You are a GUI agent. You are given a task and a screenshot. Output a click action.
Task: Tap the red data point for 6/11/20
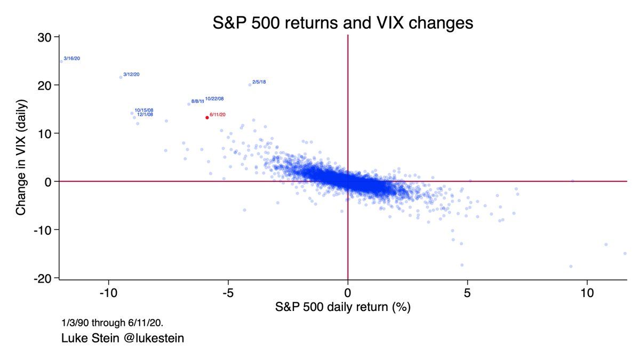207,117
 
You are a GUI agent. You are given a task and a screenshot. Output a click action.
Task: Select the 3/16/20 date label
71,58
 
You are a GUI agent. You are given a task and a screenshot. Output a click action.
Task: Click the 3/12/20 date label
131,74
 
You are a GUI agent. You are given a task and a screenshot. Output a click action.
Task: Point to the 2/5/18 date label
259,82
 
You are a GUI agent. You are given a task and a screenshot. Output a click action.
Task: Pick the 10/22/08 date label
214,99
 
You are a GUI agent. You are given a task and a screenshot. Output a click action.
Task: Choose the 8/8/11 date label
197,101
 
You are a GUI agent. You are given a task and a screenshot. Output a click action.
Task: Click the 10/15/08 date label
144,110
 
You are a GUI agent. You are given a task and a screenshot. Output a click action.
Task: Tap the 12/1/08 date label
145,114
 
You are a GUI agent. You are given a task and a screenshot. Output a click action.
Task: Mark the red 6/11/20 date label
218,115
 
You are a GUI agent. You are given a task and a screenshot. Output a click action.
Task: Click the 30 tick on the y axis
44,37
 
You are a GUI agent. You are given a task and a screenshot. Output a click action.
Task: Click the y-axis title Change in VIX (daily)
21,157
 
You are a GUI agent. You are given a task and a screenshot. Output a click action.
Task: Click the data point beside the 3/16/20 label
61,61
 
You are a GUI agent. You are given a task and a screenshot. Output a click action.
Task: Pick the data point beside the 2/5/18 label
250,84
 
